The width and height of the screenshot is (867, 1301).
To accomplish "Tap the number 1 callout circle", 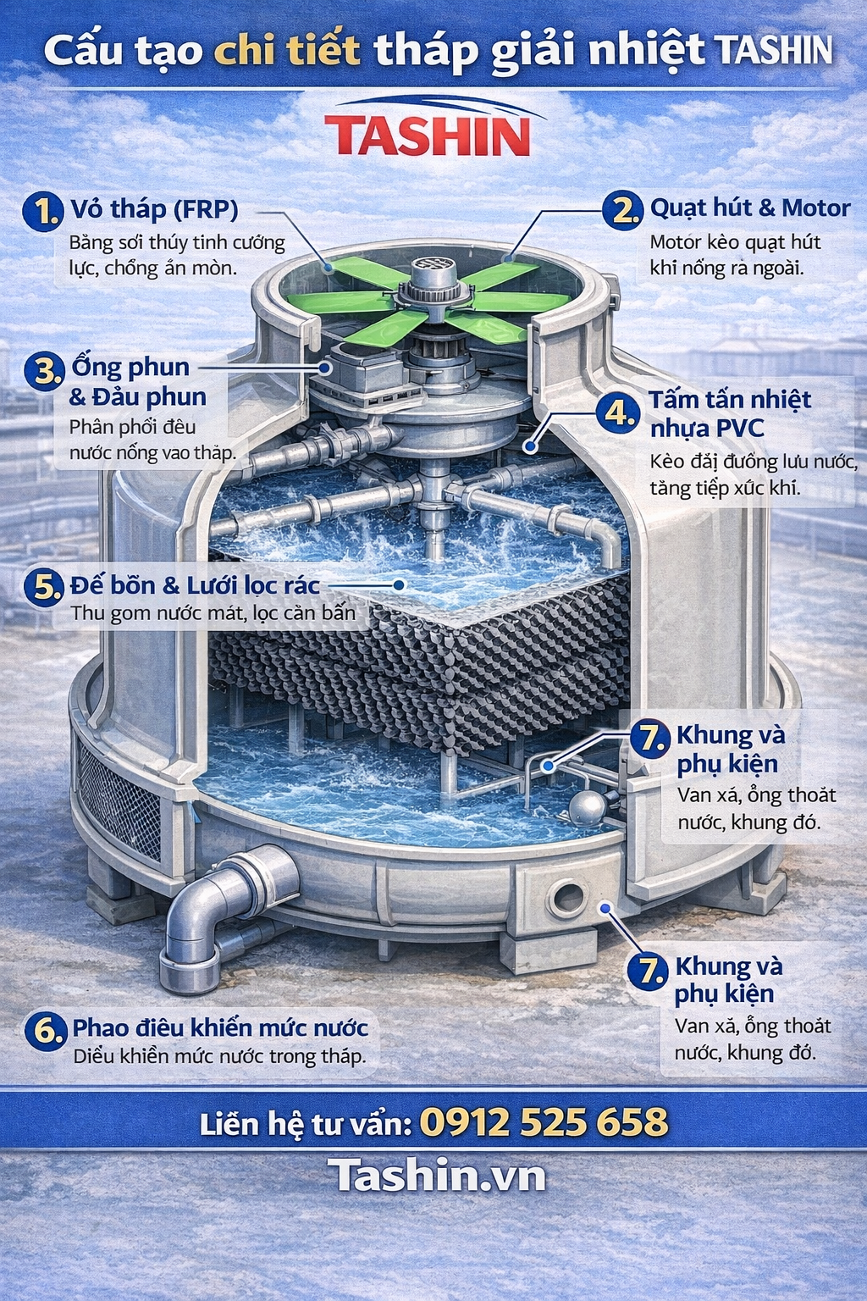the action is point(42,212).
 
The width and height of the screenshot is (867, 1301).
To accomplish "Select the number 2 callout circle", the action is point(622,210).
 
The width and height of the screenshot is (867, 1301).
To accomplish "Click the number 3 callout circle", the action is point(45,372).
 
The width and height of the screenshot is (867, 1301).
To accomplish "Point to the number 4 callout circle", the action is point(618,414).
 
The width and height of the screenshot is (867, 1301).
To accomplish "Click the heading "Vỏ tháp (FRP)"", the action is point(154,209).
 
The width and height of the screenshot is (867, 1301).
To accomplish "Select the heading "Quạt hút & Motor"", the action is point(750,208).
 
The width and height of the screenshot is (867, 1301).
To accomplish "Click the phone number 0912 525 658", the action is point(544,1121).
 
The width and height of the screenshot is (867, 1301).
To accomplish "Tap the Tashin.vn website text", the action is point(436,1176).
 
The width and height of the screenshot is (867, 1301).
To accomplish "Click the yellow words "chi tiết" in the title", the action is point(288,50).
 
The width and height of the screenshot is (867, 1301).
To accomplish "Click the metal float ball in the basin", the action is point(587,806).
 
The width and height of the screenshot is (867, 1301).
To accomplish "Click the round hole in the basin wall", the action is point(569,897).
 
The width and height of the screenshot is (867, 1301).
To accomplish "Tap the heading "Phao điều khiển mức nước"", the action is point(220,1027).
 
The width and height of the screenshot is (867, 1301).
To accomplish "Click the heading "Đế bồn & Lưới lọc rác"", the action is point(195,585).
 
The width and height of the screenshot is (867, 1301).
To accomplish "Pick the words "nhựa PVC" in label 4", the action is point(707,429).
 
